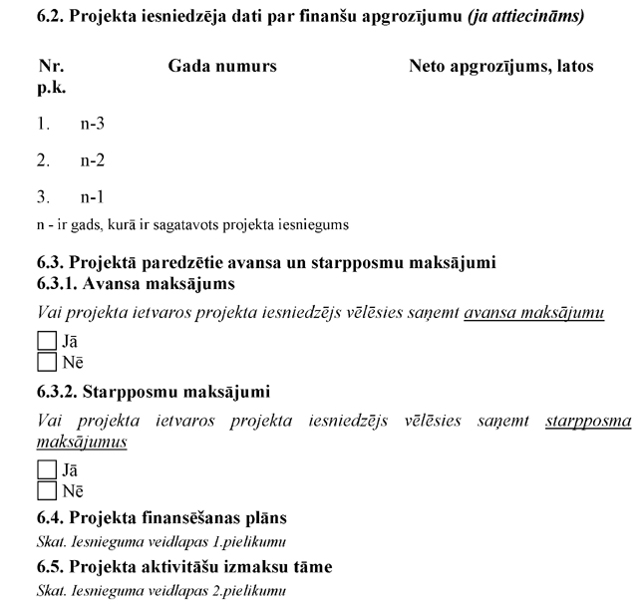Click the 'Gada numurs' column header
222,66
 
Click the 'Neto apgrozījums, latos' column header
500,66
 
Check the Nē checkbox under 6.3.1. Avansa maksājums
45,361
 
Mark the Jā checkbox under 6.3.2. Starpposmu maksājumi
45,469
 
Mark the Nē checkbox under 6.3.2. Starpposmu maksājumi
45,488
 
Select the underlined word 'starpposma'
588,421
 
